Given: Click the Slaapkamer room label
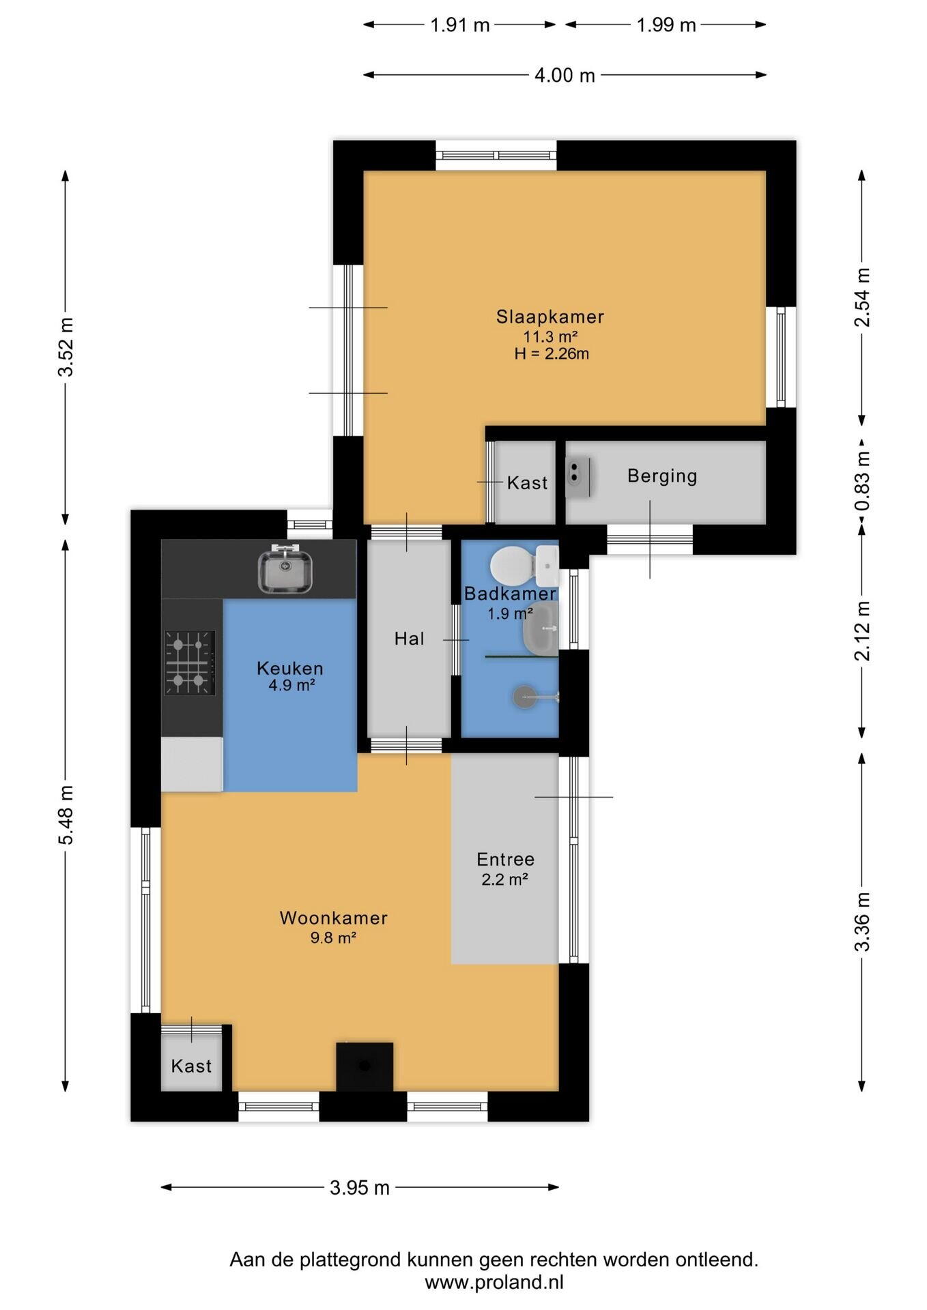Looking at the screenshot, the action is pyautogui.click(x=550, y=317).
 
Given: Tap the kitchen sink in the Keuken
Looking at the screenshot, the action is pyautogui.click(x=285, y=570).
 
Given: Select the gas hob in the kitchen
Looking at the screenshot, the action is pyautogui.click(x=190, y=663).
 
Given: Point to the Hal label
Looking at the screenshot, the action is pyautogui.click(x=410, y=639).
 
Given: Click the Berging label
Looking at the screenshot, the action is pyautogui.click(x=662, y=476).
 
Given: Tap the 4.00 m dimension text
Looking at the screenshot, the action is pyautogui.click(x=565, y=75).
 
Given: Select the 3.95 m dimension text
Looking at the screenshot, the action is pyautogui.click(x=360, y=1188).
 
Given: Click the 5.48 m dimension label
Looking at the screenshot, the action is pyautogui.click(x=66, y=815).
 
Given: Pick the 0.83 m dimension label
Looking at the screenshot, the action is pyautogui.click(x=862, y=482).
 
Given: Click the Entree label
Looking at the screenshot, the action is pyautogui.click(x=505, y=859).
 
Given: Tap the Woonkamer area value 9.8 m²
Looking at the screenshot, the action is pyautogui.click(x=333, y=937).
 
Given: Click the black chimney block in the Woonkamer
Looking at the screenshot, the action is pyautogui.click(x=365, y=1066).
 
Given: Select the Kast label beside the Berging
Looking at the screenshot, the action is pyautogui.click(x=527, y=483).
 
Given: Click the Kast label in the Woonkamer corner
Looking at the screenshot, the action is pyautogui.click(x=191, y=1066).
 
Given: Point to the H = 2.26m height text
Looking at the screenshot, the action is pyautogui.click(x=552, y=353).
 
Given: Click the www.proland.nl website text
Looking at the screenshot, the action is pyautogui.click(x=494, y=1282).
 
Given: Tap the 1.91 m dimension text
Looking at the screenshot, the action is pyautogui.click(x=460, y=25).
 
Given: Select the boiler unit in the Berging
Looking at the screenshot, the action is pyautogui.click(x=577, y=476).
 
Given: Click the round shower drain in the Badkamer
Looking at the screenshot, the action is pyautogui.click(x=524, y=697).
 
